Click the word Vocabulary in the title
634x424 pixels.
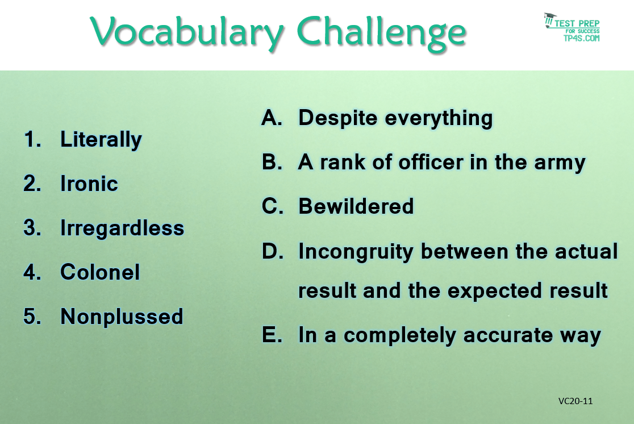tap(187, 32)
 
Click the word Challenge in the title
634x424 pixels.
tap(382, 33)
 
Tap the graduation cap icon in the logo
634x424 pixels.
tap(549, 20)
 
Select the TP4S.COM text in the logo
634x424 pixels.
tap(581, 38)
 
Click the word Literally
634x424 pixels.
tap(101, 140)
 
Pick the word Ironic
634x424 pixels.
tap(89, 183)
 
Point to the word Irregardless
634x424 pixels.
tap(122, 228)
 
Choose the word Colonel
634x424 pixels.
tap(100, 272)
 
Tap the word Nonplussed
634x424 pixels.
tap(122, 317)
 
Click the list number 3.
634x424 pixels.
tap(32, 227)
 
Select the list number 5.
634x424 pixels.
tap(32, 316)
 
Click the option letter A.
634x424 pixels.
tap(272, 118)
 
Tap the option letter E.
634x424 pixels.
tap(272, 335)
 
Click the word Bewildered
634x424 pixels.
tap(356, 206)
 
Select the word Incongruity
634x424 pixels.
tap(356, 252)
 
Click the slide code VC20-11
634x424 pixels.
tap(575, 401)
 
